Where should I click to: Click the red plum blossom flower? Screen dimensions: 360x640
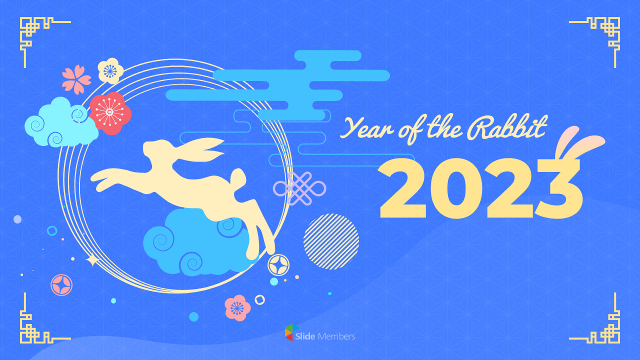pyautogui.click(x=109, y=112)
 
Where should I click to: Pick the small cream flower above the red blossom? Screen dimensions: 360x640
pyautogui.click(x=110, y=70)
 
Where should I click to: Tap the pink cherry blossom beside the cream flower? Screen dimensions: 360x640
pyautogui.click(x=76, y=79)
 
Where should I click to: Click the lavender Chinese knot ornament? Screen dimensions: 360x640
pyautogui.click(x=299, y=188)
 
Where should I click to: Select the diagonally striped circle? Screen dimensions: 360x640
pyautogui.click(x=331, y=241)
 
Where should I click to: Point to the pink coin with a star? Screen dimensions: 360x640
pyautogui.click(x=61, y=284)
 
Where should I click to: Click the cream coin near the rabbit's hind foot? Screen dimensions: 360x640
pyautogui.click(x=278, y=265)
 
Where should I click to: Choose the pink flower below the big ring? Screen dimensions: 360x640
pyautogui.click(x=237, y=307)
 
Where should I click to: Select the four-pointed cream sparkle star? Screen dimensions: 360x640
pyautogui.click(x=92, y=260)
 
